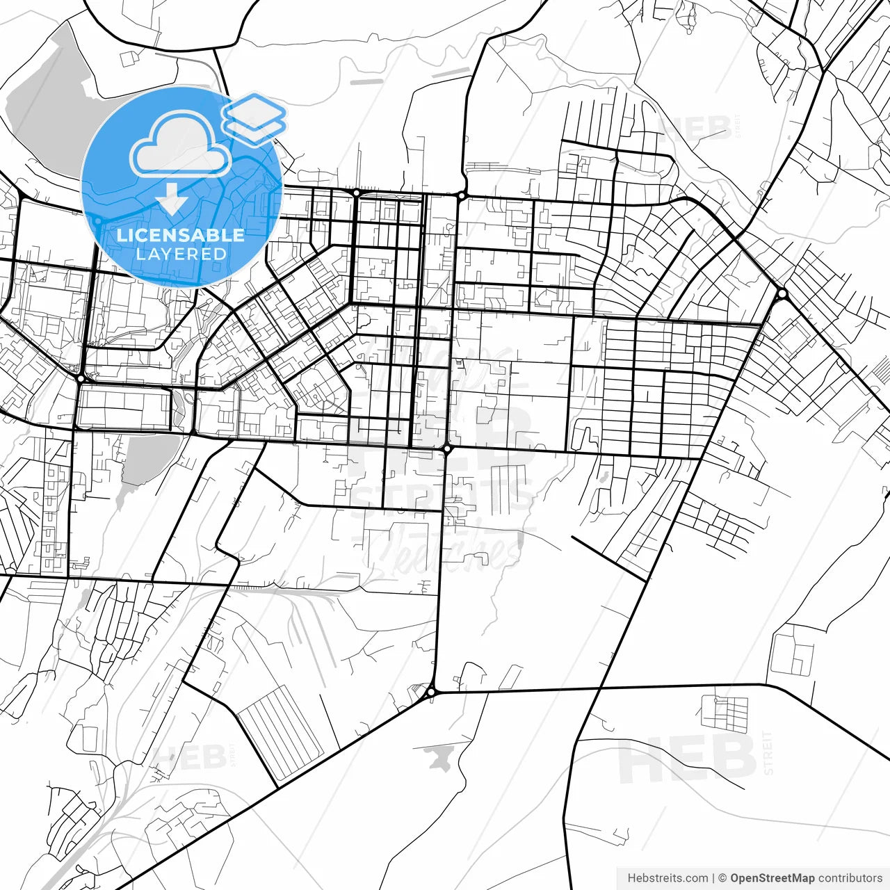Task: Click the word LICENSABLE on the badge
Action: point(181,235)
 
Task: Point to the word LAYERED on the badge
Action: point(181,254)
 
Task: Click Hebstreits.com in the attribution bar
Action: point(667,878)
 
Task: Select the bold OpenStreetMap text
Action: point(772,878)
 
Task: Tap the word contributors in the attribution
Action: point(850,878)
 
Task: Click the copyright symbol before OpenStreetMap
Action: point(722,878)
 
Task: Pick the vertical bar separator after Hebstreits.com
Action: point(713,878)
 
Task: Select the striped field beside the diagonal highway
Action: point(282,734)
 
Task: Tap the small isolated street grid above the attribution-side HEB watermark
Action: point(725,713)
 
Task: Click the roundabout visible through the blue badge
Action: point(99,221)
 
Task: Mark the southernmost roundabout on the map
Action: point(431,692)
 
